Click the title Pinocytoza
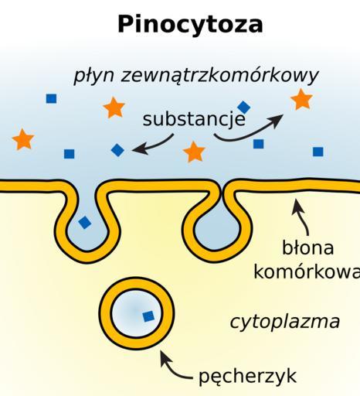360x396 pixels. (x=190, y=25)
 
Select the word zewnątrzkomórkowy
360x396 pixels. (x=219, y=76)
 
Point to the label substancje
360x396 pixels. (x=194, y=119)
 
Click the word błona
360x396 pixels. (x=308, y=247)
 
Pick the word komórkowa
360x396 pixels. (x=307, y=271)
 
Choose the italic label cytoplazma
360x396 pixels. (x=285, y=323)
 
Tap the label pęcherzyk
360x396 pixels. (x=247, y=377)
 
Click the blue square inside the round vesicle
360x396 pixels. (x=148, y=316)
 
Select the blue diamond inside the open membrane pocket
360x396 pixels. (x=85, y=222)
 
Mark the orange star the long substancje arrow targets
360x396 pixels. (x=301, y=99)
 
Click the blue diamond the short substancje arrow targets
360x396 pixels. (x=117, y=150)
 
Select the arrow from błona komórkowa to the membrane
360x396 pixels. (x=304, y=217)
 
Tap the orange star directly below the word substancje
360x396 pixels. (x=194, y=152)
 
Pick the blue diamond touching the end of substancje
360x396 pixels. (x=243, y=108)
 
